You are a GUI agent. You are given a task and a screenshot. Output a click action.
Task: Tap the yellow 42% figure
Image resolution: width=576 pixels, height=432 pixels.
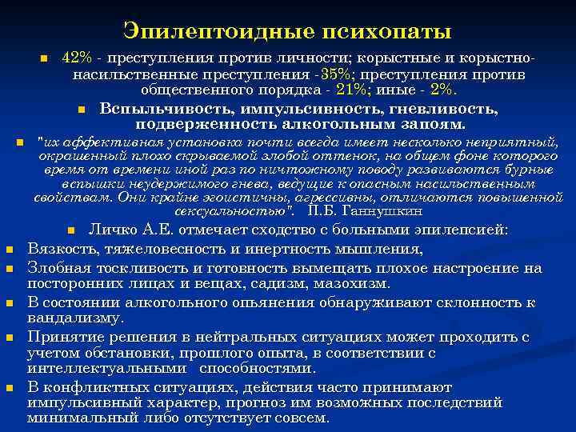(x=77, y=61)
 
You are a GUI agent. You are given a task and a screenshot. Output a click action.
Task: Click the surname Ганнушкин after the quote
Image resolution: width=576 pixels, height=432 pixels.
(x=381, y=211)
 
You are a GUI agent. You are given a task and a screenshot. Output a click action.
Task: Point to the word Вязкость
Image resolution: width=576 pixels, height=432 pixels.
(x=60, y=249)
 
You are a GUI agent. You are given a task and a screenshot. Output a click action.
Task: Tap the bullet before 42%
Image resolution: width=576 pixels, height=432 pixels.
(x=45, y=61)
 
